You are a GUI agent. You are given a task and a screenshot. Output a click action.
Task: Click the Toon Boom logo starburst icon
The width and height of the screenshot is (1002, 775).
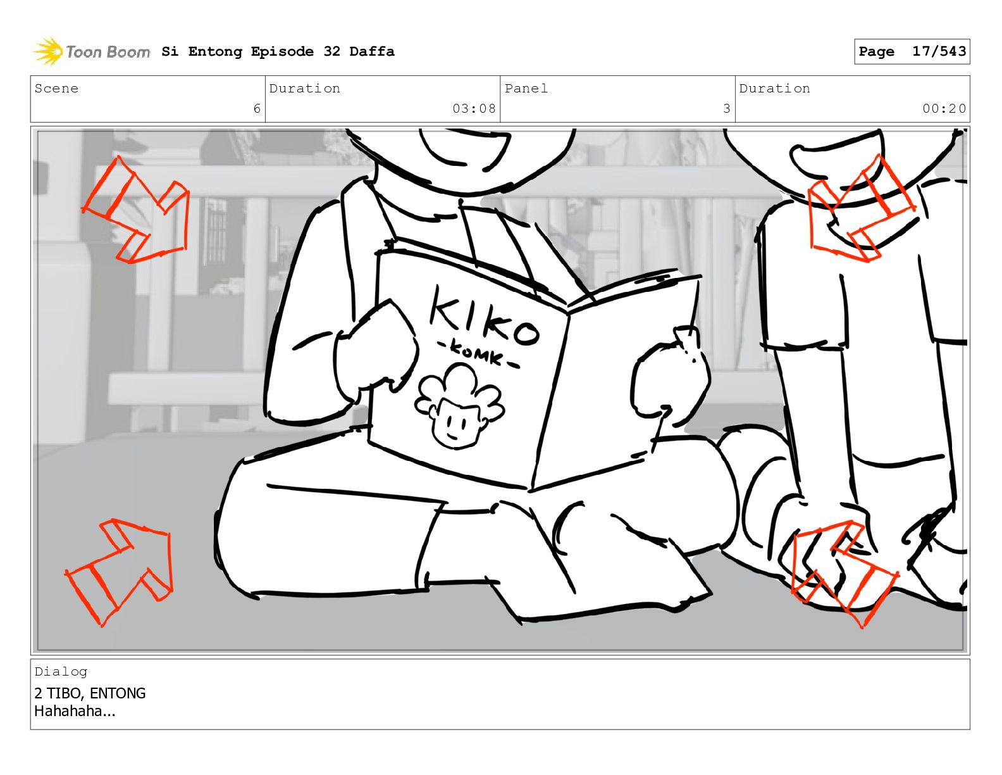(49, 51)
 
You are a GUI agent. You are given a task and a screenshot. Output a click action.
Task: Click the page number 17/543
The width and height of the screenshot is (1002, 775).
(939, 51)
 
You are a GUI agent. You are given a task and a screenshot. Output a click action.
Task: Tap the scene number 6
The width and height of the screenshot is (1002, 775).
(257, 109)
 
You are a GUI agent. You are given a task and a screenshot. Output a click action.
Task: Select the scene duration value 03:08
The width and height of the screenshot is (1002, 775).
(474, 109)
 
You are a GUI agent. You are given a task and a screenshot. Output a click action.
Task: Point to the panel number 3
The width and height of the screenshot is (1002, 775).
(727, 109)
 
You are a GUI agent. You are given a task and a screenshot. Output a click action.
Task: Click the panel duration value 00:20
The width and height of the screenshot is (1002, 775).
(944, 109)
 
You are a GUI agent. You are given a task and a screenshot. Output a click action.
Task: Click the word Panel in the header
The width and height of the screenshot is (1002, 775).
(526, 88)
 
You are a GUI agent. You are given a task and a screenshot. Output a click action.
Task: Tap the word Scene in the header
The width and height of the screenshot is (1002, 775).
(56, 88)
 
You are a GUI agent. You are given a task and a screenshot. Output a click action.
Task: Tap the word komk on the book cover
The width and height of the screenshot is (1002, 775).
(478, 355)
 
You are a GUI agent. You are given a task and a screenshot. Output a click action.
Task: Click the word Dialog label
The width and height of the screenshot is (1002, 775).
(61, 672)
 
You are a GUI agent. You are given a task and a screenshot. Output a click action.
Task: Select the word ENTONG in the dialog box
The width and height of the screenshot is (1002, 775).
(118, 693)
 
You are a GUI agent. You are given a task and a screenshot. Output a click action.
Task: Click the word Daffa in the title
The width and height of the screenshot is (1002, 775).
(372, 51)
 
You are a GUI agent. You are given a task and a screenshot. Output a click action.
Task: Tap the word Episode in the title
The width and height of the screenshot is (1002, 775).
(282, 52)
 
